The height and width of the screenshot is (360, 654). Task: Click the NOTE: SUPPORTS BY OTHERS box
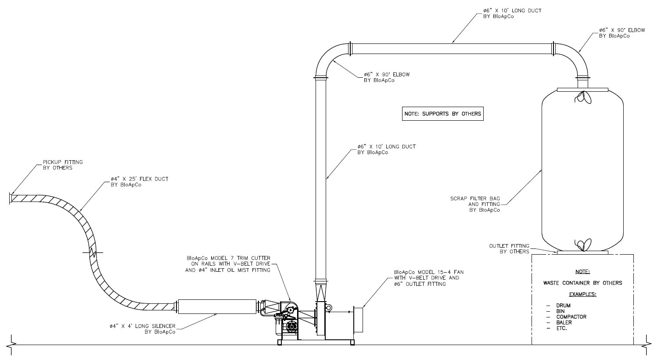[x=442, y=114]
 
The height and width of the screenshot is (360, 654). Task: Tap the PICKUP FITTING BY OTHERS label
[x=63, y=165]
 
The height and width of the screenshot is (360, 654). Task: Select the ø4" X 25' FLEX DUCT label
[x=139, y=182]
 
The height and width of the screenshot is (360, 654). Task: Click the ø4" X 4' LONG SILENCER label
[x=143, y=329]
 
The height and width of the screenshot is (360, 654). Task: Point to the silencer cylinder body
[x=217, y=306]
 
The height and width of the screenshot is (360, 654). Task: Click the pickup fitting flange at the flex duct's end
[x=11, y=198]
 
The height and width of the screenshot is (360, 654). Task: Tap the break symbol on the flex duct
[x=93, y=252]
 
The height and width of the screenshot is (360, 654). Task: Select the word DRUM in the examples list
[x=563, y=306]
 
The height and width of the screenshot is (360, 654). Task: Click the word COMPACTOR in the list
[x=571, y=317]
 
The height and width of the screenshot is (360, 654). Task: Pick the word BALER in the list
[x=564, y=322]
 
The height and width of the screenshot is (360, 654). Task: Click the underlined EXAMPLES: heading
[x=582, y=294]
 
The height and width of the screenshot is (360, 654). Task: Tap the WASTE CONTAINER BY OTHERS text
[x=582, y=283]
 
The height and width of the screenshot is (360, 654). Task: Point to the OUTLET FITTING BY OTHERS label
[x=509, y=248]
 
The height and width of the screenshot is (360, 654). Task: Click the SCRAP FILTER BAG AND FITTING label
[x=475, y=204]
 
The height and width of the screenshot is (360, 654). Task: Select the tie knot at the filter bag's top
[x=583, y=98]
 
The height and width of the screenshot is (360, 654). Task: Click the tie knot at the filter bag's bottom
[x=583, y=245]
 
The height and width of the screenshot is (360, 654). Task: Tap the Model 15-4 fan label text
[x=428, y=278]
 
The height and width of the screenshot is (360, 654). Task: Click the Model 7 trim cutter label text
[x=228, y=264]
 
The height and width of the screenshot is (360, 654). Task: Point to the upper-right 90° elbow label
[x=622, y=33]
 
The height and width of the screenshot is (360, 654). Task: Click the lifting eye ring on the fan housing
[x=329, y=307]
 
